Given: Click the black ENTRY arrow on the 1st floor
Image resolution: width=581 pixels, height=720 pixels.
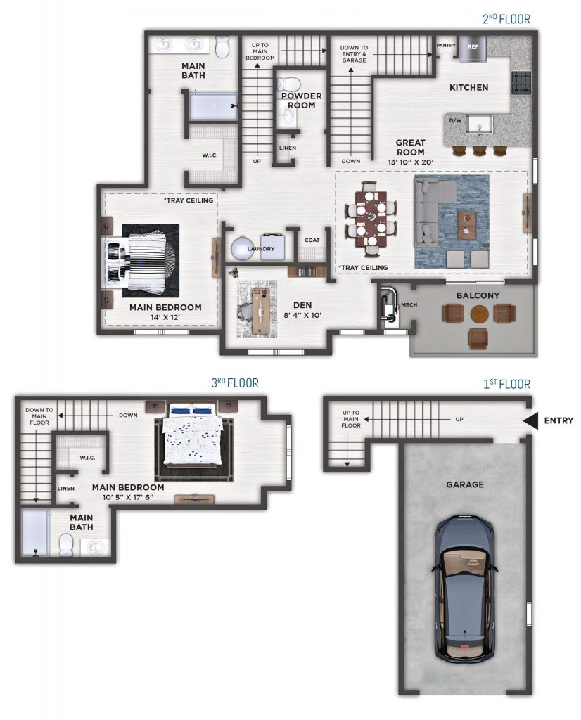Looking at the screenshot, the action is click(x=531, y=420).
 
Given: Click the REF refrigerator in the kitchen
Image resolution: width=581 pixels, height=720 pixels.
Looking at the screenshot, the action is click(x=473, y=49).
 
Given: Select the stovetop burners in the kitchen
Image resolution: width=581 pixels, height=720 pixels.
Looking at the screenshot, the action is click(x=521, y=83).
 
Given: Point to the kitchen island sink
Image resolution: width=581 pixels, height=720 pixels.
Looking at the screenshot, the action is click(x=480, y=124).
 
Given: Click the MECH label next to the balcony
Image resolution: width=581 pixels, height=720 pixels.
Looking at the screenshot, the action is click(x=409, y=305).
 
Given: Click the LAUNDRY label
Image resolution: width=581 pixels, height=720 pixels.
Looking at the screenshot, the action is click(x=260, y=249).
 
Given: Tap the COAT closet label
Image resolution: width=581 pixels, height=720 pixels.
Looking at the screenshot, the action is click(x=312, y=240).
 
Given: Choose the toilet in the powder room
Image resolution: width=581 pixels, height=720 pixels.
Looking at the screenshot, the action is click(x=289, y=84).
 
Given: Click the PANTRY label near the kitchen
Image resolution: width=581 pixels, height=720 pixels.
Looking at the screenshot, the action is click(x=446, y=46).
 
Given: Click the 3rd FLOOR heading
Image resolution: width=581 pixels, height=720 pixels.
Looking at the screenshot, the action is click(x=235, y=383).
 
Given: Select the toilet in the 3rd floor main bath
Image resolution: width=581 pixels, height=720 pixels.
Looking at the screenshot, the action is click(x=67, y=546).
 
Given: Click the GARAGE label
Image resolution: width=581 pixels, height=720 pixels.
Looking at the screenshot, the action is click(x=465, y=484).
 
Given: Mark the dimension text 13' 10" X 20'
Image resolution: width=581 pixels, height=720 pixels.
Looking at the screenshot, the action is click(x=411, y=162).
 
